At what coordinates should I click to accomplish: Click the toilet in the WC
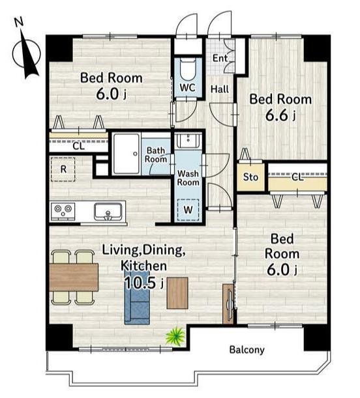coord(188,68)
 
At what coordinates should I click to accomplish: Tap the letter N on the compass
coord(19,23)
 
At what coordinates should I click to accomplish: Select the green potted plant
coord(175,335)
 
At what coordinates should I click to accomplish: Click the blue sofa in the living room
coord(137,297)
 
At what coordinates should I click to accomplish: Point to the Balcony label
coord(247,350)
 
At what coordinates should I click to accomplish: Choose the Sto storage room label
coord(250,177)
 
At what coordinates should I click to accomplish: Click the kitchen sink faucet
coord(108,215)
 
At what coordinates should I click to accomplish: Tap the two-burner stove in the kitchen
coord(63,211)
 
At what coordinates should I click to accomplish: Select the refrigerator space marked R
coord(63,169)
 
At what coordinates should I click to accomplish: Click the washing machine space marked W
coord(188,210)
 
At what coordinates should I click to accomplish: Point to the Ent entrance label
coord(220,58)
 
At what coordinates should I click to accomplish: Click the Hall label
coord(220,89)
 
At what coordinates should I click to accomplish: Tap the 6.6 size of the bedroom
coord(277,115)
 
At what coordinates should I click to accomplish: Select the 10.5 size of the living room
coord(140,283)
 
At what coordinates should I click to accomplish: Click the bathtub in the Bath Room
coord(127,154)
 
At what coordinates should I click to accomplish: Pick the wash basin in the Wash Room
coord(188,140)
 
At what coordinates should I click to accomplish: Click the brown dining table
coord(74,277)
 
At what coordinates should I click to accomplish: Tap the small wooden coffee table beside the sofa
coord(177,293)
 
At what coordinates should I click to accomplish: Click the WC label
coord(188,88)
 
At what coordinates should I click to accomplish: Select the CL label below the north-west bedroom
coord(78,146)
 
